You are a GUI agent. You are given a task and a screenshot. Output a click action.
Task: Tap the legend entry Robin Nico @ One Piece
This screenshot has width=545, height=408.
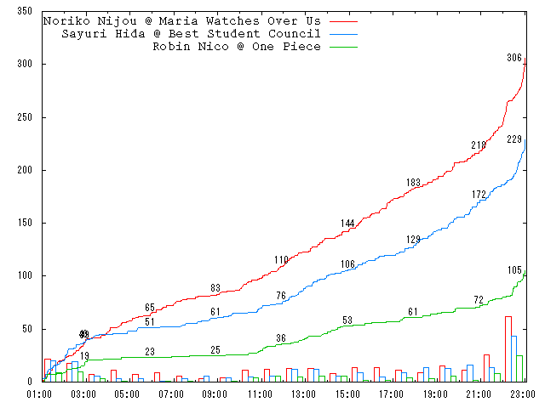point(236,46)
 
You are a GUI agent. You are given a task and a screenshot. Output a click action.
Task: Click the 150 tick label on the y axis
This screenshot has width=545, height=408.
point(23,223)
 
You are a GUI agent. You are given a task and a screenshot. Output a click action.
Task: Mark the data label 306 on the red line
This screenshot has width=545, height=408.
point(513,58)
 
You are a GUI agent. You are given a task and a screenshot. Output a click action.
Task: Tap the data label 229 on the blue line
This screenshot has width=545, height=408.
point(513,139)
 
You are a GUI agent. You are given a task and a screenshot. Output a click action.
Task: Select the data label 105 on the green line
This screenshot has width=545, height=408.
point(514,270)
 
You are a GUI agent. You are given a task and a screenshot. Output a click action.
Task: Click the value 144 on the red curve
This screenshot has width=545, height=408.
point(347,224)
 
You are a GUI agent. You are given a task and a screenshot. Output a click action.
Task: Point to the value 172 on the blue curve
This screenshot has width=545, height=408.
point(479,195)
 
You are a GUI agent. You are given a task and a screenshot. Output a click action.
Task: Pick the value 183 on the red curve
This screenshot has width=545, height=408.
point(414,183)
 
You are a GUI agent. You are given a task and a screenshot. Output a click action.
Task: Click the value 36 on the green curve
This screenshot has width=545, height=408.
point(281,338)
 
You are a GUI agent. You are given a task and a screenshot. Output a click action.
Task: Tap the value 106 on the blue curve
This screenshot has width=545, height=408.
point(347,264)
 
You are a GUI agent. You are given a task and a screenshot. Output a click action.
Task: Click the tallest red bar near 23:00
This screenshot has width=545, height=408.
point(508,348)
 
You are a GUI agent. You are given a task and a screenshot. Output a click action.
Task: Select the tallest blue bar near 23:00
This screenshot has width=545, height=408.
point(514,358)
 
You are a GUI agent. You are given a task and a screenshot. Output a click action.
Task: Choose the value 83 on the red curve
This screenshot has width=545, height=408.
point(215,288)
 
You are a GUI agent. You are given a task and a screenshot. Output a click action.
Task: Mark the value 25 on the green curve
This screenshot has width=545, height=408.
point(215,350)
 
